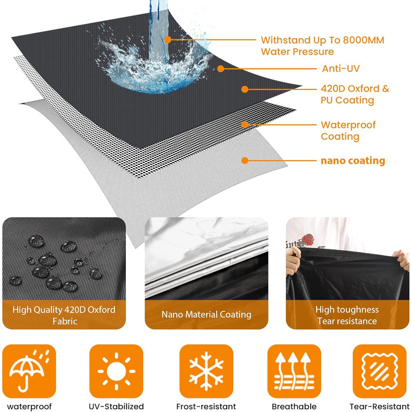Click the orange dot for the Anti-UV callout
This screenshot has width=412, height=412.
(x=221, y=69)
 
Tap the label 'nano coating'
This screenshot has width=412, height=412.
(x=353, y=161)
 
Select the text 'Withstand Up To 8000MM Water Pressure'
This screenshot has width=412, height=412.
(x=323, y=46)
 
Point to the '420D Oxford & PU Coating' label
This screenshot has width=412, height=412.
(x=355, y=94)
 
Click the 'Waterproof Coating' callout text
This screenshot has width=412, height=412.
(x=348, y=131)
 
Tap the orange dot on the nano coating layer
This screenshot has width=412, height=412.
(x=245, y=160)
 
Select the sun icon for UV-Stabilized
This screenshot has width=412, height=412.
(x=116, y=371)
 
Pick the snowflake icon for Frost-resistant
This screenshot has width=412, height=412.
(x=206, y=371)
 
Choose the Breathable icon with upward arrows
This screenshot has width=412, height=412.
(x=294, y=371)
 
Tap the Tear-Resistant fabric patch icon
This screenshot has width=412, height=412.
(x=380, y=371)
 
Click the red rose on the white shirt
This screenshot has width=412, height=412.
(x=308, y=240)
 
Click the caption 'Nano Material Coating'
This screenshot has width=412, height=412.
(x=206, y=314)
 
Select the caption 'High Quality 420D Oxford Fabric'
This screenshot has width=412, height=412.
(x=64, y=315)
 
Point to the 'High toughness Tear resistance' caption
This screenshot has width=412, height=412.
(x=347, y=315)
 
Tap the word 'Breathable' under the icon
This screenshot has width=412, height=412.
(x=294, y=407)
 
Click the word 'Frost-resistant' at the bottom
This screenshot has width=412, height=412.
(x=206, y=407)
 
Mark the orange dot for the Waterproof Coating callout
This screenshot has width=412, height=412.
(x=245, y=125)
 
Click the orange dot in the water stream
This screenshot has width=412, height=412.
(x=168, y=39)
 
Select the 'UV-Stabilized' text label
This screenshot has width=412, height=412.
(x=116, y=407)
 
